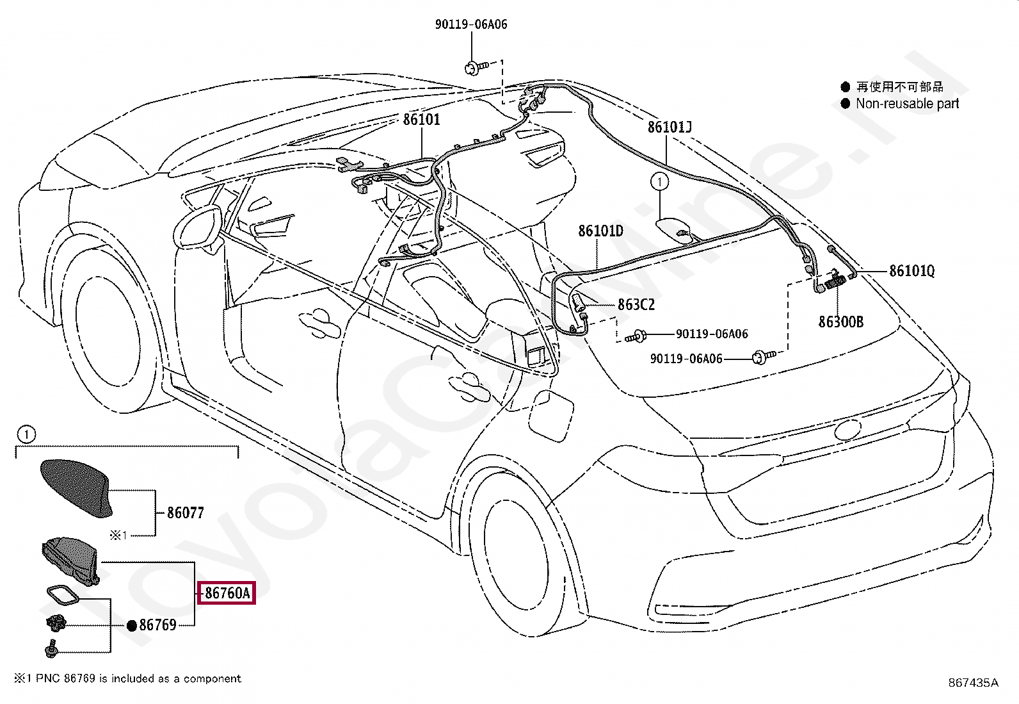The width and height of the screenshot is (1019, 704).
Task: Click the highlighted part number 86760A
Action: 227,593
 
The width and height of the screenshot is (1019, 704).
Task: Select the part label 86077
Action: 185,512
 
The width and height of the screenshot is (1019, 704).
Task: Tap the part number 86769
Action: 157,625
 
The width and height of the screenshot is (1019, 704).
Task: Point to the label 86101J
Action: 669,127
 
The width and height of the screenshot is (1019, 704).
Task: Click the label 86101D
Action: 600,231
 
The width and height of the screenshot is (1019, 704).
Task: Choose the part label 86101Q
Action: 911,272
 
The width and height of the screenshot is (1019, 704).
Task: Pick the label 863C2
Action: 636,305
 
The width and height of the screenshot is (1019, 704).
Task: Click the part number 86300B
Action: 840,322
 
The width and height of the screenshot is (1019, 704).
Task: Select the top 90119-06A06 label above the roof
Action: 471,24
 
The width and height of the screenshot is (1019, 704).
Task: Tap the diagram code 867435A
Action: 973,683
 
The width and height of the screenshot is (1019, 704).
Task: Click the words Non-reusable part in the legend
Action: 907,104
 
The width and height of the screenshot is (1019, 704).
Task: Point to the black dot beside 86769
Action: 132,626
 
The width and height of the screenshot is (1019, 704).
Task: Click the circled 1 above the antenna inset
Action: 25,435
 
